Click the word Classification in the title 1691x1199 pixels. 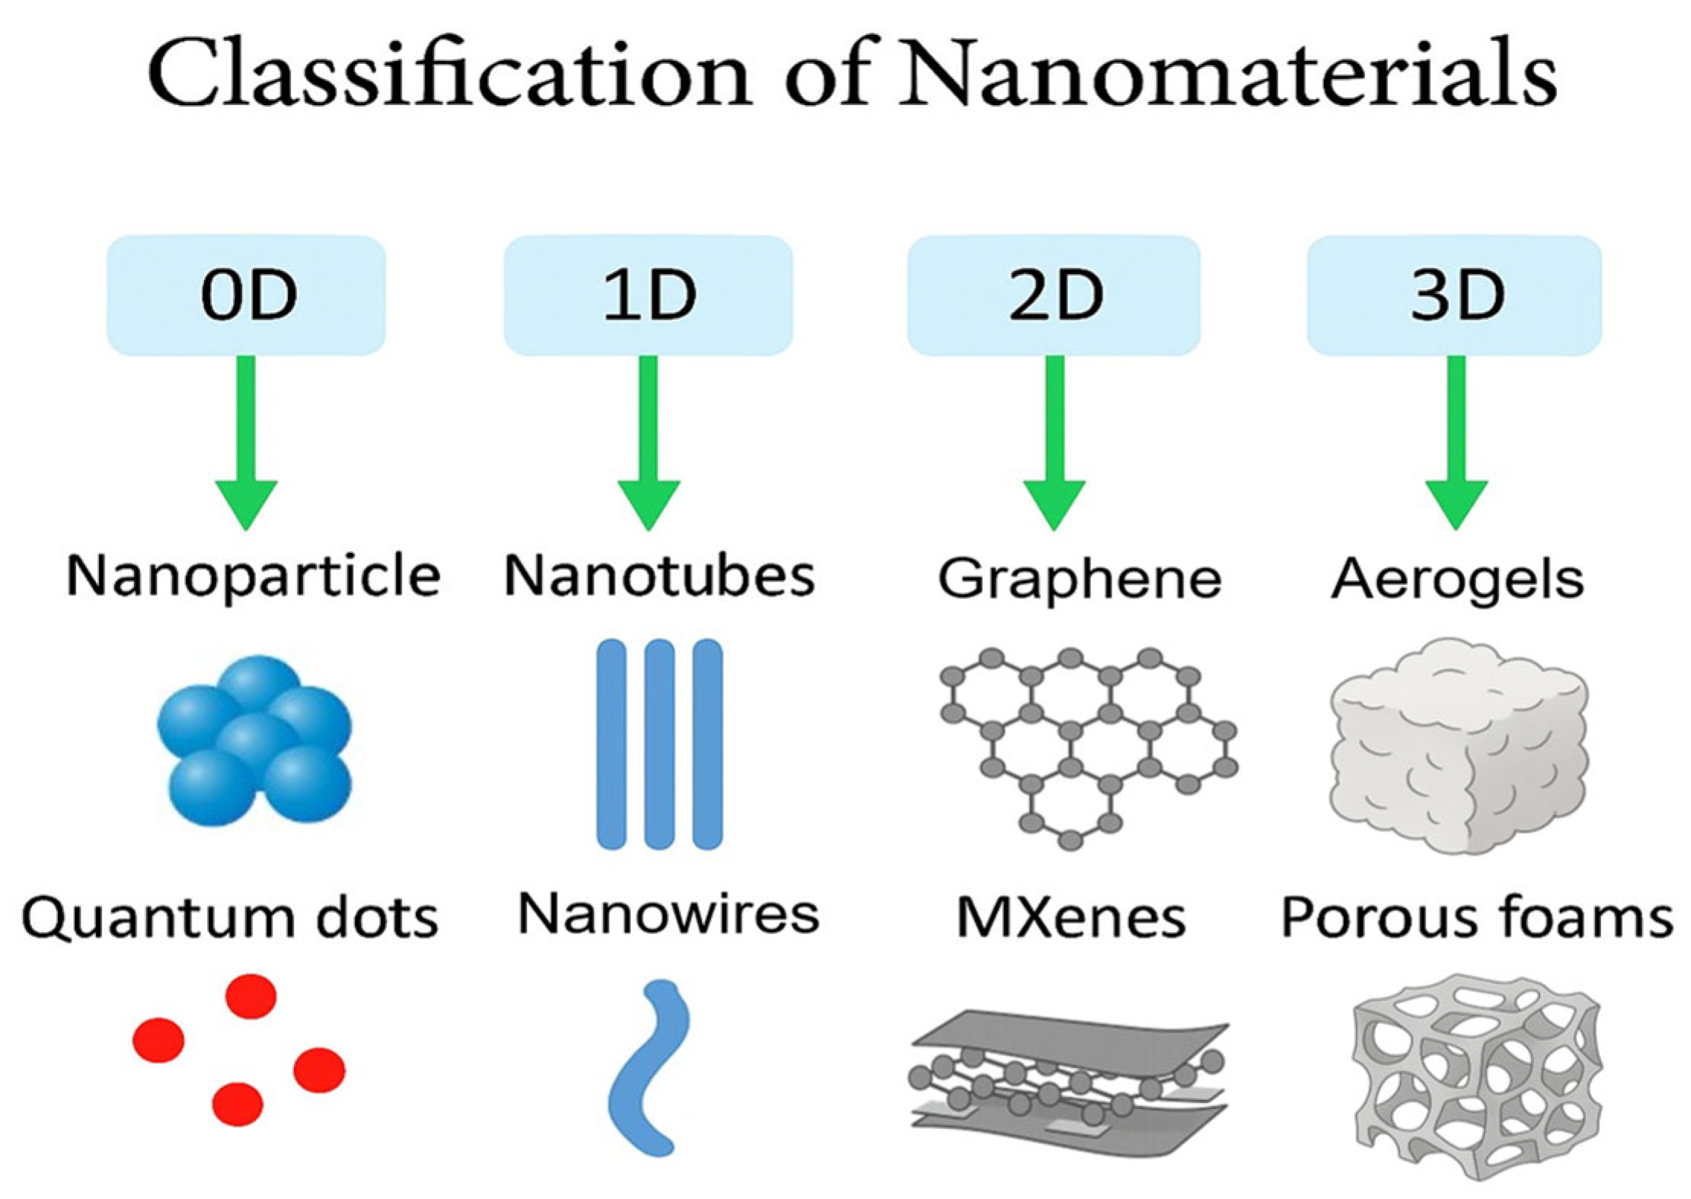449,74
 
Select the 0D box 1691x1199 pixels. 246,295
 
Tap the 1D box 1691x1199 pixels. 648,295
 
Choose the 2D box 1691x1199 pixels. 1054,295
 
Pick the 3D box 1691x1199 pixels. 1455,295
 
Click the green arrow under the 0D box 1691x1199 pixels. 246,442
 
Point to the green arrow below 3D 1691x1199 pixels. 1456,442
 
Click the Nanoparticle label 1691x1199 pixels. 253,576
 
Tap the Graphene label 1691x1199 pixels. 1079,579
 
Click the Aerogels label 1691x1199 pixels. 1457,579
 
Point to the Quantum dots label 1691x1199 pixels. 230,918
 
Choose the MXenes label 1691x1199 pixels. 1070,917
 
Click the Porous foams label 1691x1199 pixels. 1477,917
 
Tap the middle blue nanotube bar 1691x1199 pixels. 659,744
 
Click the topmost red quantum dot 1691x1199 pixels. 251,996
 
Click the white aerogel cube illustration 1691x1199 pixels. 1457,746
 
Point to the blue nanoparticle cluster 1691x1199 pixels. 254,740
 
